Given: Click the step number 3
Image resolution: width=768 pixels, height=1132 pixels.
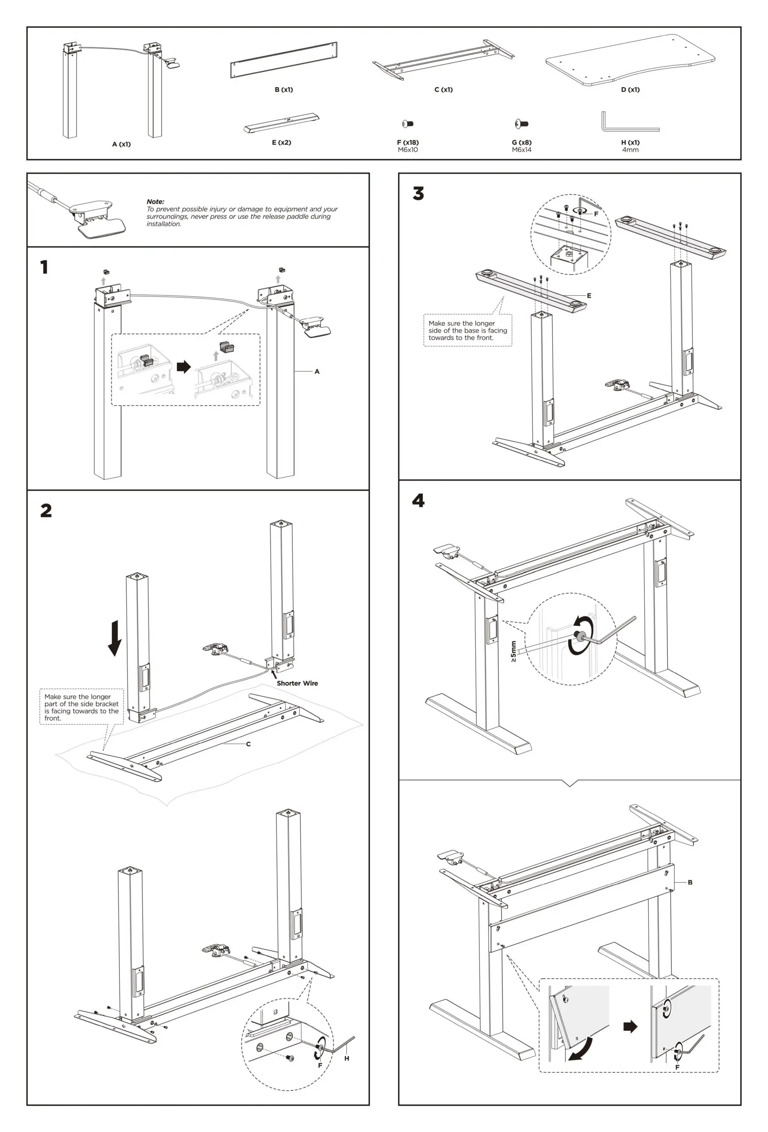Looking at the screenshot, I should click(418, 193).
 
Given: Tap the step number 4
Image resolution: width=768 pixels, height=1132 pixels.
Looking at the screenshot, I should click(418, 501).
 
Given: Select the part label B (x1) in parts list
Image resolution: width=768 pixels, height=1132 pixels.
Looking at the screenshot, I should click(283, 90).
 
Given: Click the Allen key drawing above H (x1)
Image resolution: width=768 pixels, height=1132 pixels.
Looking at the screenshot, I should click(628, 123).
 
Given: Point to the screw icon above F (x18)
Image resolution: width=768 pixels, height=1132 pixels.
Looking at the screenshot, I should click(408, 124).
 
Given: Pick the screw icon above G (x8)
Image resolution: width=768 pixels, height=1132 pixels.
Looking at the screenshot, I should click(521, 124).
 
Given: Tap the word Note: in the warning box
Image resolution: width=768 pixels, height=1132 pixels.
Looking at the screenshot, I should click(155, 201).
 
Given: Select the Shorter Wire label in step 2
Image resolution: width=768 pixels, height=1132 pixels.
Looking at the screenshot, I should click(297, 683).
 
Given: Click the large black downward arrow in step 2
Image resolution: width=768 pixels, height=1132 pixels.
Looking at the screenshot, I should click(115, 638).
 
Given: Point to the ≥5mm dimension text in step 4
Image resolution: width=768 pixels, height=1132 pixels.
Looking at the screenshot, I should click(513, 651).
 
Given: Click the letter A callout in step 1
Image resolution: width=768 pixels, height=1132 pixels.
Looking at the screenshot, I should click(317, 371).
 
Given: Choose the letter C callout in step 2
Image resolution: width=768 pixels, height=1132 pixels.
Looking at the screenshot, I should click(248, 744).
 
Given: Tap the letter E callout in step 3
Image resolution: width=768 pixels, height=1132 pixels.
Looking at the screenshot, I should click(589, 295).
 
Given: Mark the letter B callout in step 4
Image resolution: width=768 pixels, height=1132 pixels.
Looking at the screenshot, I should click(690, 882).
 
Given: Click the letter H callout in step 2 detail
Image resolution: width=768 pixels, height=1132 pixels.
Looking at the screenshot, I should click(346, 1058).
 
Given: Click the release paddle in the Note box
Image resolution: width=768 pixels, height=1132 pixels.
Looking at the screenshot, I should click(102, 227).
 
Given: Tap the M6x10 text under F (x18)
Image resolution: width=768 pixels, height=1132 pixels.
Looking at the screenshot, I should click(408, 149).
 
